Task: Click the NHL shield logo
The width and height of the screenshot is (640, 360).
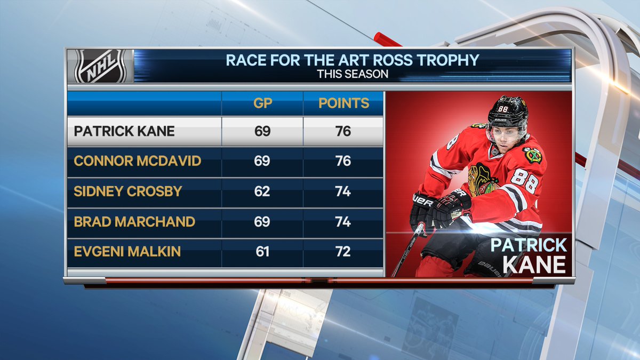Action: coord(100,66)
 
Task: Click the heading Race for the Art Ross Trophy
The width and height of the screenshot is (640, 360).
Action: coord(353,60)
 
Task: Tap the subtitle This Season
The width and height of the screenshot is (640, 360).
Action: coord(353,74)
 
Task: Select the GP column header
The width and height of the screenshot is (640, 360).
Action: coord(262,103)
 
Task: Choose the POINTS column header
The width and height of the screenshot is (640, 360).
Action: coord(343,103)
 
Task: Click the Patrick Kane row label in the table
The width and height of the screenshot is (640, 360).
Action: coord(124,131)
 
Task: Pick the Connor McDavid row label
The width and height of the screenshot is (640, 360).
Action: coord(138,161)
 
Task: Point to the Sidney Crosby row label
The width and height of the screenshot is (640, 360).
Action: coord(127,191)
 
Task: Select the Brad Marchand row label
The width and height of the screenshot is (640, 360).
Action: coord(134,222)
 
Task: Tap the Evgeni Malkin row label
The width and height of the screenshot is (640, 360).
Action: coord(127,252)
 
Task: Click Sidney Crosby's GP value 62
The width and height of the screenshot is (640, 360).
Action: coord(262,191)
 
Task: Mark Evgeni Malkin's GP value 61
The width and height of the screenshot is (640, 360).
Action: coord(262,252)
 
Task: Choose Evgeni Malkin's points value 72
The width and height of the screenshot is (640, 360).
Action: coord(343,252)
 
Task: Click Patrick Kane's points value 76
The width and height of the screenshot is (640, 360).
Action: coord(343,131)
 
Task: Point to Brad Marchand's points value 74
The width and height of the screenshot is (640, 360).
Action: coord(343,222)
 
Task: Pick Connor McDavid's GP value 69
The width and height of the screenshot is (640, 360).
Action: coord(262,161)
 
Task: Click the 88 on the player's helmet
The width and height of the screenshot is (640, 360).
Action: coord(502,109)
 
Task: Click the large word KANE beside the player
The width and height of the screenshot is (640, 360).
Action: coord(534,265)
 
